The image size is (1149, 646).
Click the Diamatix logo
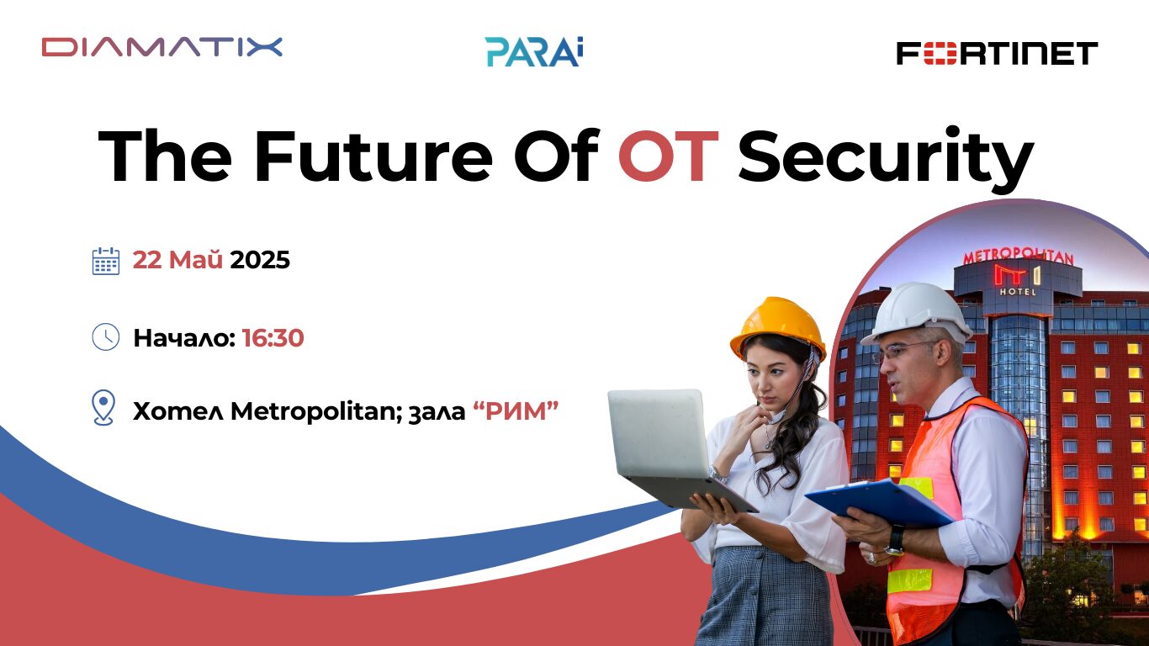161,47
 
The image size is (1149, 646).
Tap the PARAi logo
534,51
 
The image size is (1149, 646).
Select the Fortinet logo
997,53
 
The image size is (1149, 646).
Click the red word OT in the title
668,157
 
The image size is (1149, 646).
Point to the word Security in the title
885,157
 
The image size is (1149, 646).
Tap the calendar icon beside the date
105,261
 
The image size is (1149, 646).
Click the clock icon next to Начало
105,337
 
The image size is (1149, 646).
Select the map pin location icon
103,408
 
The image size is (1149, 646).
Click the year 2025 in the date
260,261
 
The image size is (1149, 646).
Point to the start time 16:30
273,338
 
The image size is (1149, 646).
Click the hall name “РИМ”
516,411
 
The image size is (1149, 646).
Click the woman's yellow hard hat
778,325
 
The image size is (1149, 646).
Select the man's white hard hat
918,311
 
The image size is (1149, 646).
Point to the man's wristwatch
896,538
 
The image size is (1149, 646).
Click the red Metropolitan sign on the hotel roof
1018,255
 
